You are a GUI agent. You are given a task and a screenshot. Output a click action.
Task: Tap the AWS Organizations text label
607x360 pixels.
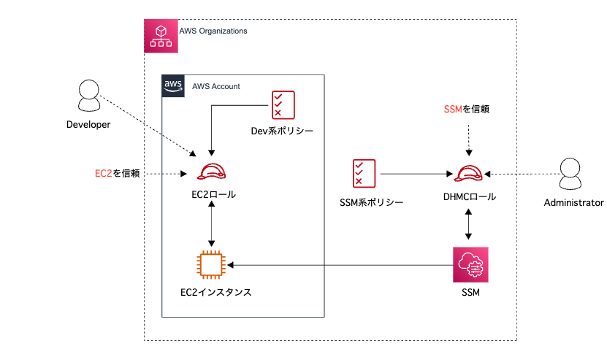(213, 31)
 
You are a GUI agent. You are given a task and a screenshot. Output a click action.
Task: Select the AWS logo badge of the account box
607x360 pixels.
(173, 85)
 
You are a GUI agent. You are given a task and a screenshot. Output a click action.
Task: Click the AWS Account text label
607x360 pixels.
(215, 86)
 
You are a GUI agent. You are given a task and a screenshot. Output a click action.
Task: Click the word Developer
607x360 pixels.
(88, 125)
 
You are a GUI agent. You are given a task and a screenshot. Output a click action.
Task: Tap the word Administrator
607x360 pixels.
(573, 202)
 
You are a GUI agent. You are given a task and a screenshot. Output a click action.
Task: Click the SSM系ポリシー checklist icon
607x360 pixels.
(363, 174)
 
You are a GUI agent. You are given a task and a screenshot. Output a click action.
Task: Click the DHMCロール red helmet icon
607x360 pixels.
(468, 174)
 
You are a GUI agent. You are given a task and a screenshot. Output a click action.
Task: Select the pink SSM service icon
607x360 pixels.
(470, 265)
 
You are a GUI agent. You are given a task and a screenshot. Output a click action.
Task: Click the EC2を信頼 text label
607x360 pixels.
(117, 174)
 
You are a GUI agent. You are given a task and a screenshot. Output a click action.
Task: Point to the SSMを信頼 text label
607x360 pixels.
(466, 110)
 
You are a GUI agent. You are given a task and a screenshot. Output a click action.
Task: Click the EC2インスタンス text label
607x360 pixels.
(215, 293)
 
